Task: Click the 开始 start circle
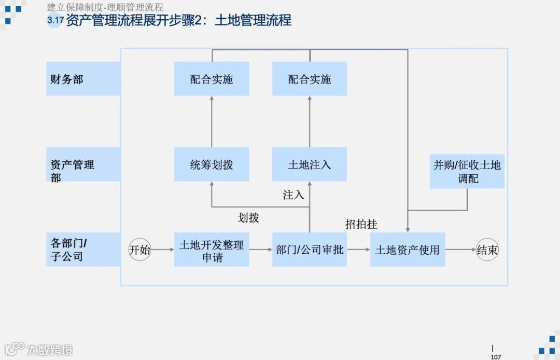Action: click(139, 250)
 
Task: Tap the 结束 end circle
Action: click(487, 250)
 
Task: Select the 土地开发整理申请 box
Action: click(212, 250)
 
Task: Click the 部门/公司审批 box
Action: click(310, 250)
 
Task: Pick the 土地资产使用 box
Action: click(408, 250)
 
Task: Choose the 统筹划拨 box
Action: click(212, 164)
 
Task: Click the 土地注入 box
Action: click(310, 164)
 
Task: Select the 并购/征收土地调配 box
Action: click(467, 172)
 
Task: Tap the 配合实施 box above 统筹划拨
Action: click(212, 79)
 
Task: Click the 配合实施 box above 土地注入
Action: click(310, 79)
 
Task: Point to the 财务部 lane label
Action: click(67, 79)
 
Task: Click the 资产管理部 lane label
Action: click(72, 171)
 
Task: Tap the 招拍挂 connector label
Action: click(361, 224)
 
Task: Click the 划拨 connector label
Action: click(248, 217)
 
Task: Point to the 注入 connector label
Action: click(293, 195)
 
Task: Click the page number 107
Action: click(495, 357)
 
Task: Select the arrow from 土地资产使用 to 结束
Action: click(460, 250)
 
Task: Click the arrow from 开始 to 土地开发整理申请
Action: click(162, 250)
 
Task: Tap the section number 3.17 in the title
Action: click(55, 21)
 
